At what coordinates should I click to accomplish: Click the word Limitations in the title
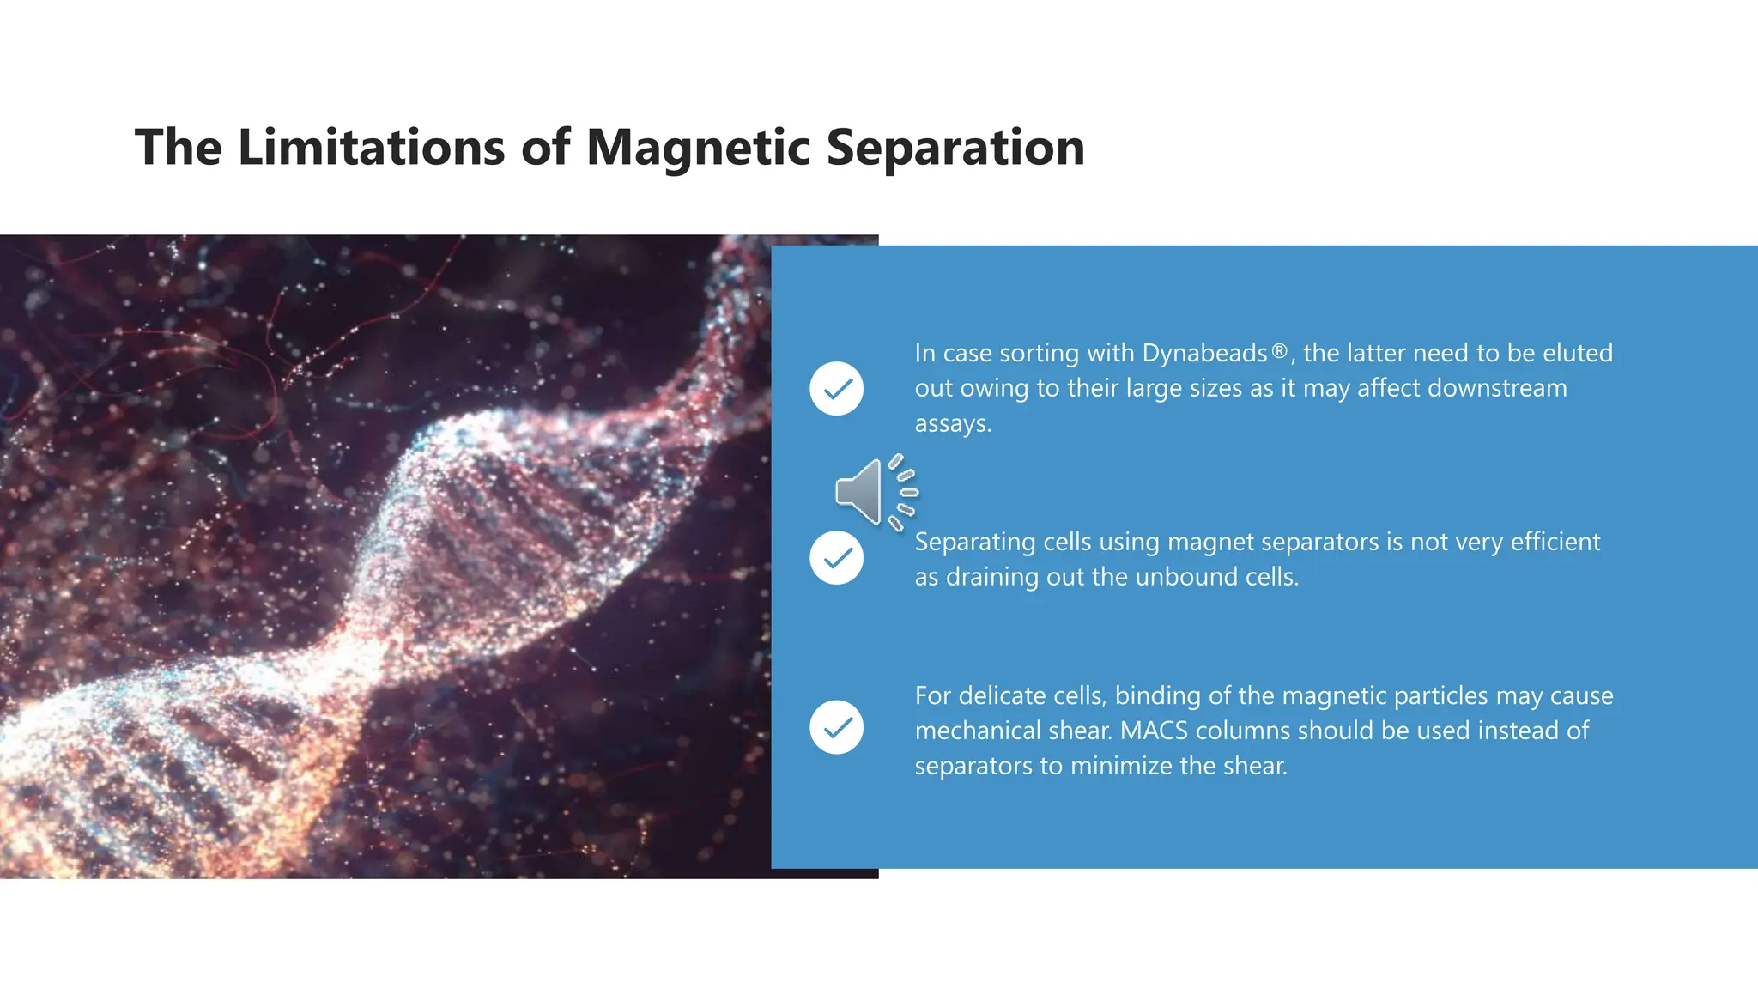coord(371,148)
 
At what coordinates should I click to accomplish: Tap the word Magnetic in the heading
coord(698,148)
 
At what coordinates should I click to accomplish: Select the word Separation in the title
coord(955,148)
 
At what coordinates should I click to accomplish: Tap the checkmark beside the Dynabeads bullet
coord(836,389)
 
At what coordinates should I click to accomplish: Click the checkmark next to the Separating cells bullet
coord(836,558)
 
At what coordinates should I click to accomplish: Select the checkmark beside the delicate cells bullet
coord(836,727)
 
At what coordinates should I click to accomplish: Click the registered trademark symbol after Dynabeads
coord(1279,351)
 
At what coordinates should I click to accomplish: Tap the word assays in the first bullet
coord(952,423)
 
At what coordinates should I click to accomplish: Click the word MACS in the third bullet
coord(1154,731)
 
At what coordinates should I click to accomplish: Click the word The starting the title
coord(178,148)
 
